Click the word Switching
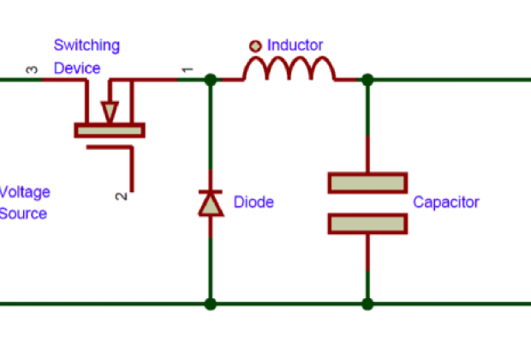click(x=87, y=45)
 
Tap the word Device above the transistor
click(x=77, y=68)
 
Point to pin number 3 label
click(x=33, y=70)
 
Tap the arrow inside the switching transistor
click(x=109, y=111)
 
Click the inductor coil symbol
click(x=288, y=70)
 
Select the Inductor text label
click(x=296, y=45)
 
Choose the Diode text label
click(x=254, y=203)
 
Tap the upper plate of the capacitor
click(x=367, y=183)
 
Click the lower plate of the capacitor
click(x=367, y=223)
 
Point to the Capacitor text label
click(x=446, y=203)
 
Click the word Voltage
click(x=24, y=191)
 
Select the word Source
click(x=23, y=213)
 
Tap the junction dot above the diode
click(x=211, y=80)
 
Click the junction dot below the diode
click(x=211, y=303)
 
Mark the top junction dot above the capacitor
click(x=367, y=80)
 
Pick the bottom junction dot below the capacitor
click(x=367, y=303)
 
